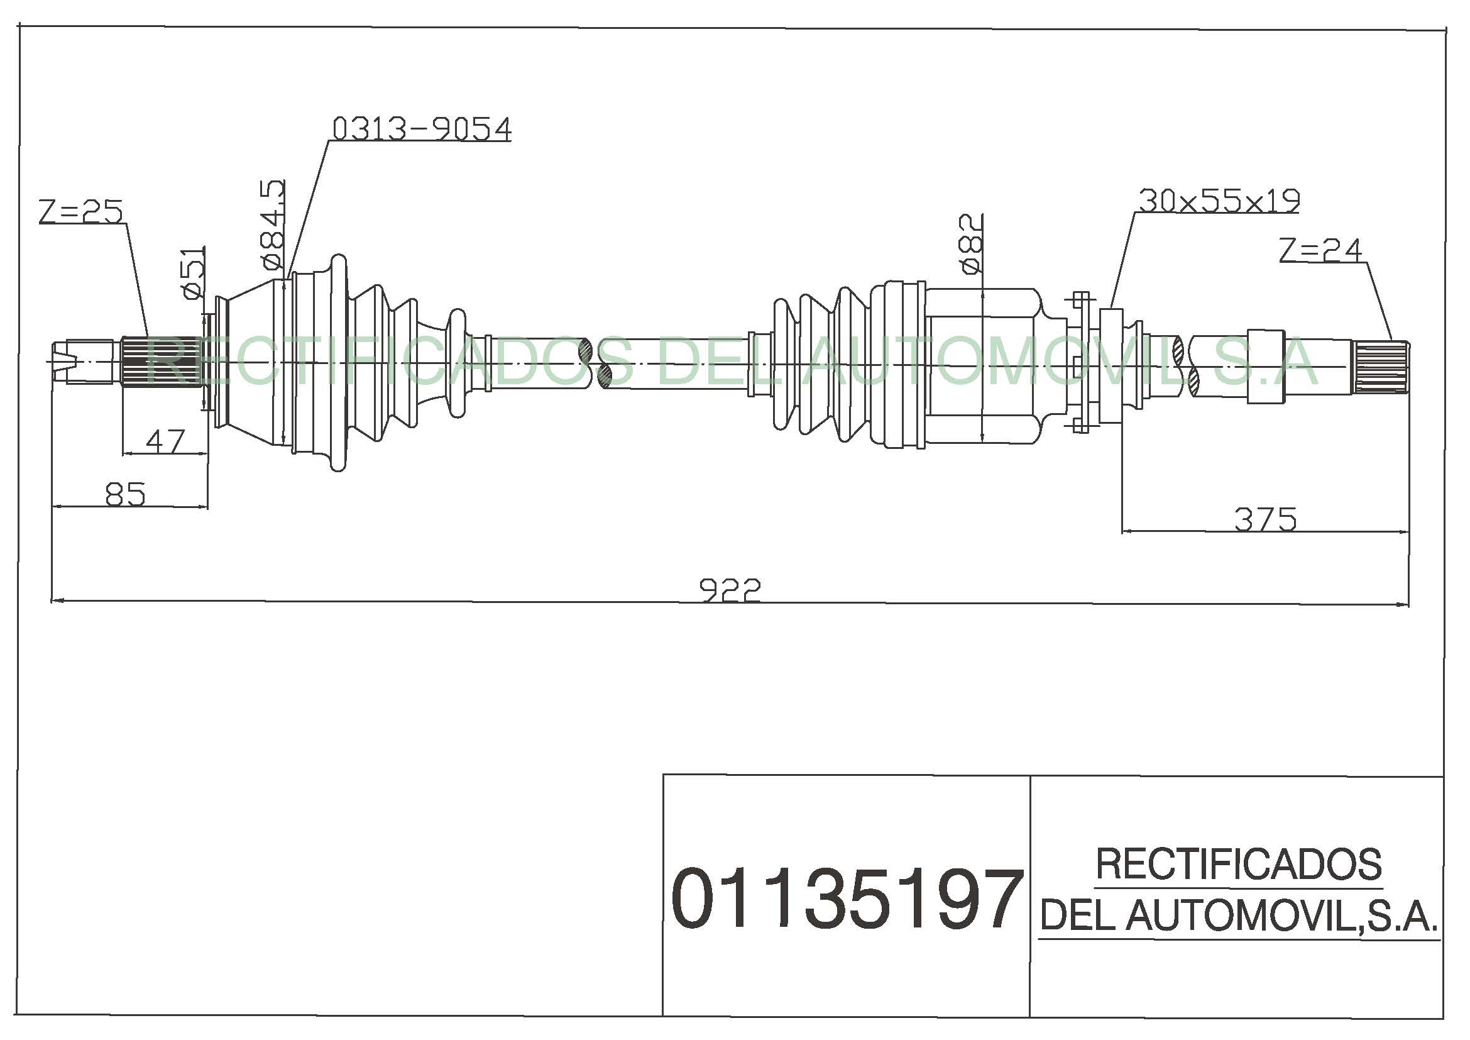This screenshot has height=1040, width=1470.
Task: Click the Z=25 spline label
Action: point(80,211)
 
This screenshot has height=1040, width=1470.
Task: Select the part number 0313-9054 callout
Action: point(422,128)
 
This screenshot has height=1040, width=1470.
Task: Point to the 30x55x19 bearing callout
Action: point(1219,201)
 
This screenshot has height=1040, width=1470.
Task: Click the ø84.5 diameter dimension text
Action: point(272,223)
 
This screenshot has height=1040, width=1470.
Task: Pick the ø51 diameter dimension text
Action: point(194,273)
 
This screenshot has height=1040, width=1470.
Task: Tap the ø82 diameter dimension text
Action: point(970,243)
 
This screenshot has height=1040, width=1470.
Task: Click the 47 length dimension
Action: point(165,441)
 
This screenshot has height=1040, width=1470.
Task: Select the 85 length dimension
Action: point(126,494)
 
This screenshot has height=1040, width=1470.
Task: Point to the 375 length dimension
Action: point(1265,519)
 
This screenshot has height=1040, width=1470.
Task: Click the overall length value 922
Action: point(730,590)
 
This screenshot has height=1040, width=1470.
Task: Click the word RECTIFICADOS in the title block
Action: point(1239,864)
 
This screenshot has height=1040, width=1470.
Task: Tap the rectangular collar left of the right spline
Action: point(1266,367)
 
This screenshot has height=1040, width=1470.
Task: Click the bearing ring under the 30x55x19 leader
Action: point(1112,366)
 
